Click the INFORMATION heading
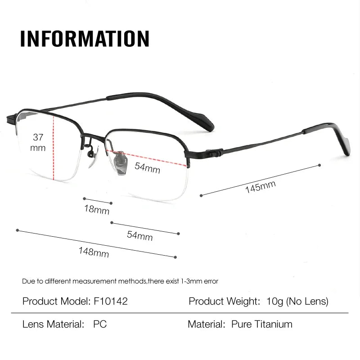[85, 39]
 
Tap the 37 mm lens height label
[38, 142]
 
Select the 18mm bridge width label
[96, 209]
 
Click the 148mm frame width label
[94, 252]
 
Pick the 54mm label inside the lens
[148, 168]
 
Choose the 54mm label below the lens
[139, 235]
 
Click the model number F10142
[110, 301]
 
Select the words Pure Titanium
[262, 324]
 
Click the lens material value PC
[100, 324]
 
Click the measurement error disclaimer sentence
[120, 281]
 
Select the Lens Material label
[53, 324]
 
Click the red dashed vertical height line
[54, 148]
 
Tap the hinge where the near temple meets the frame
[214, 153]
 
